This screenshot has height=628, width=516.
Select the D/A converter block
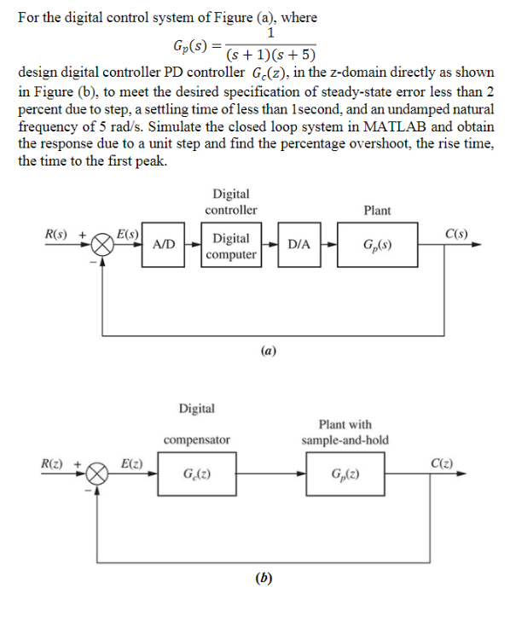[x=299, y=245]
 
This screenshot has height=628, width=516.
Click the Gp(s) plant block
[x=377, y=245]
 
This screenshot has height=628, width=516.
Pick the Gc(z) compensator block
[x=197, y=474]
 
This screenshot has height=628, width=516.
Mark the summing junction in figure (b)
[x=100, y=474]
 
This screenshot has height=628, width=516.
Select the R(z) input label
[x=55, y=462]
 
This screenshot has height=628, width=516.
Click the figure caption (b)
[x=264, y=578]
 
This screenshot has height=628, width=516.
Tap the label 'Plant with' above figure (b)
[x=345, y=424]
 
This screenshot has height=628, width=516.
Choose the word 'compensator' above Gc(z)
[x=197, y=439]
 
